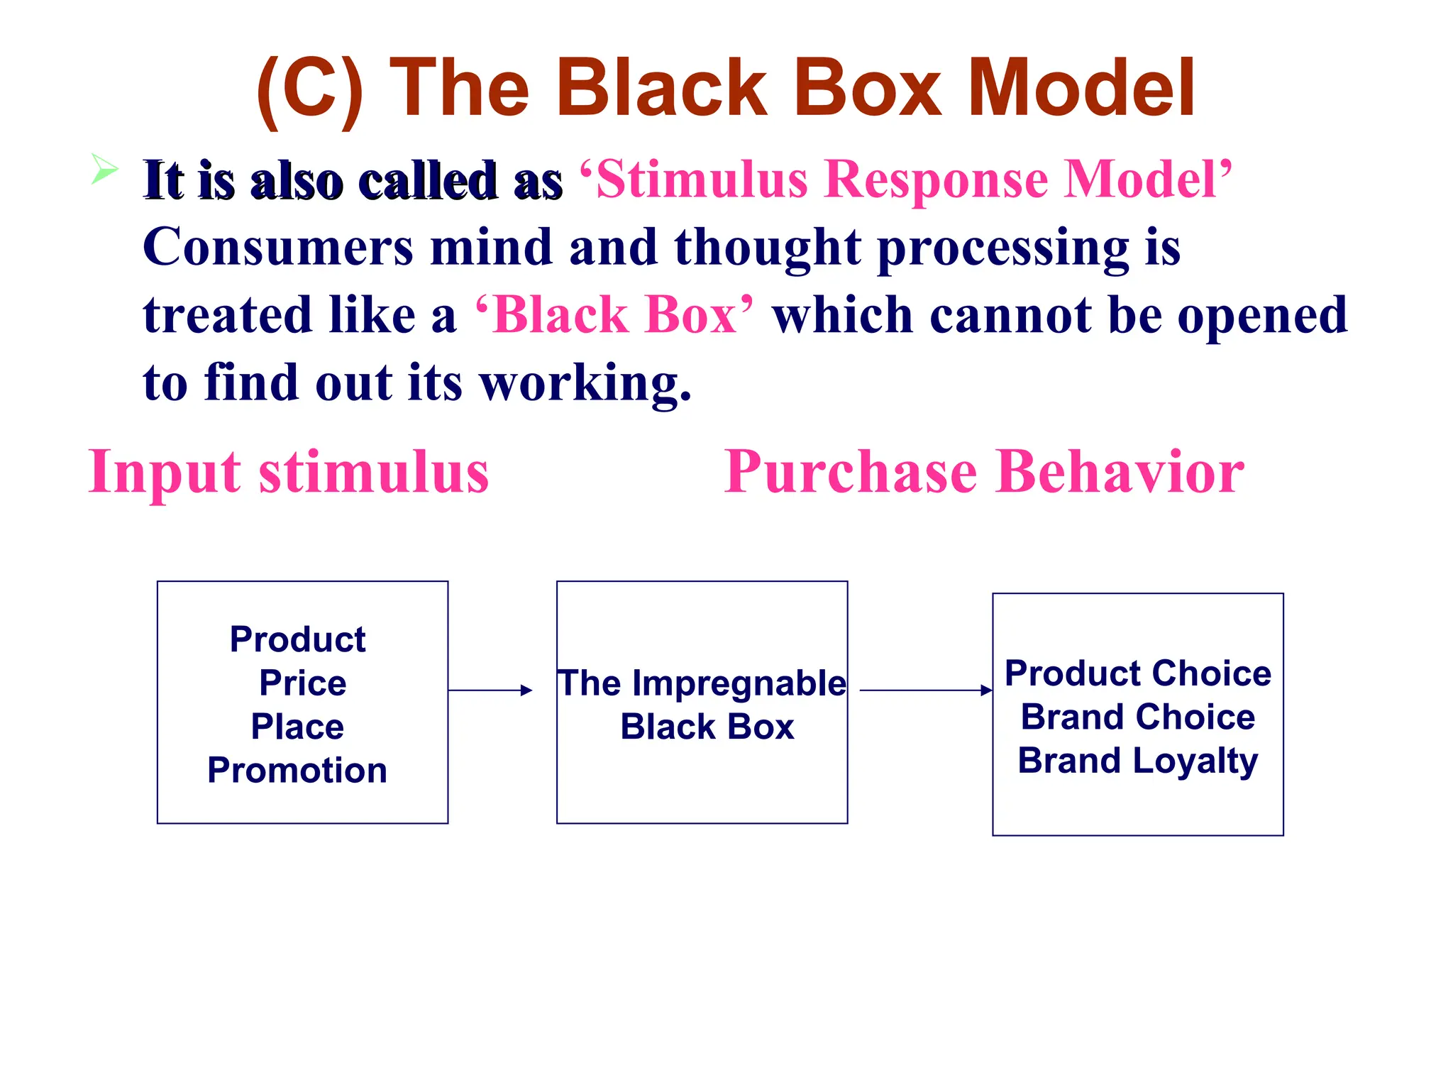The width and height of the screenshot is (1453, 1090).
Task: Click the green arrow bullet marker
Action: [104, 170]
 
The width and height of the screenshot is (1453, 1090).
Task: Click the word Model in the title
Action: [1081, 88]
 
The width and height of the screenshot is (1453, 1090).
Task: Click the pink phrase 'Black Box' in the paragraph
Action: [614, 315]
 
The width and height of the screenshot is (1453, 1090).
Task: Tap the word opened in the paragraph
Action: [1262, 315]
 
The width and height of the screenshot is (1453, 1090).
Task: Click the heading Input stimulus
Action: [289, 473]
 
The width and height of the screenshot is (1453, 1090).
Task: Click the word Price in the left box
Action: [302, 683]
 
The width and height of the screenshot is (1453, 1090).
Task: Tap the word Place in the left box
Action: [297, 727]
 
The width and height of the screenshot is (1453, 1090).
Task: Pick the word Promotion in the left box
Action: [297, 771]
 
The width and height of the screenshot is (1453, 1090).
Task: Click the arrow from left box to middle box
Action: [490, 690]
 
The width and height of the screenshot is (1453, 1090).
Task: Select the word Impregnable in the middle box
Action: [739, 683]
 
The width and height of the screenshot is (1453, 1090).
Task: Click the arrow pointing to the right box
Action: [925, 690]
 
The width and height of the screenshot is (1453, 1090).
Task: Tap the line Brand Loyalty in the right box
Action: [1137, 761]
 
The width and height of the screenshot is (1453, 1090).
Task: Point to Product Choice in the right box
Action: [1137, 673]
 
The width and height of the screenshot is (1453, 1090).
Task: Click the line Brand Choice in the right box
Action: [1137, 717]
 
